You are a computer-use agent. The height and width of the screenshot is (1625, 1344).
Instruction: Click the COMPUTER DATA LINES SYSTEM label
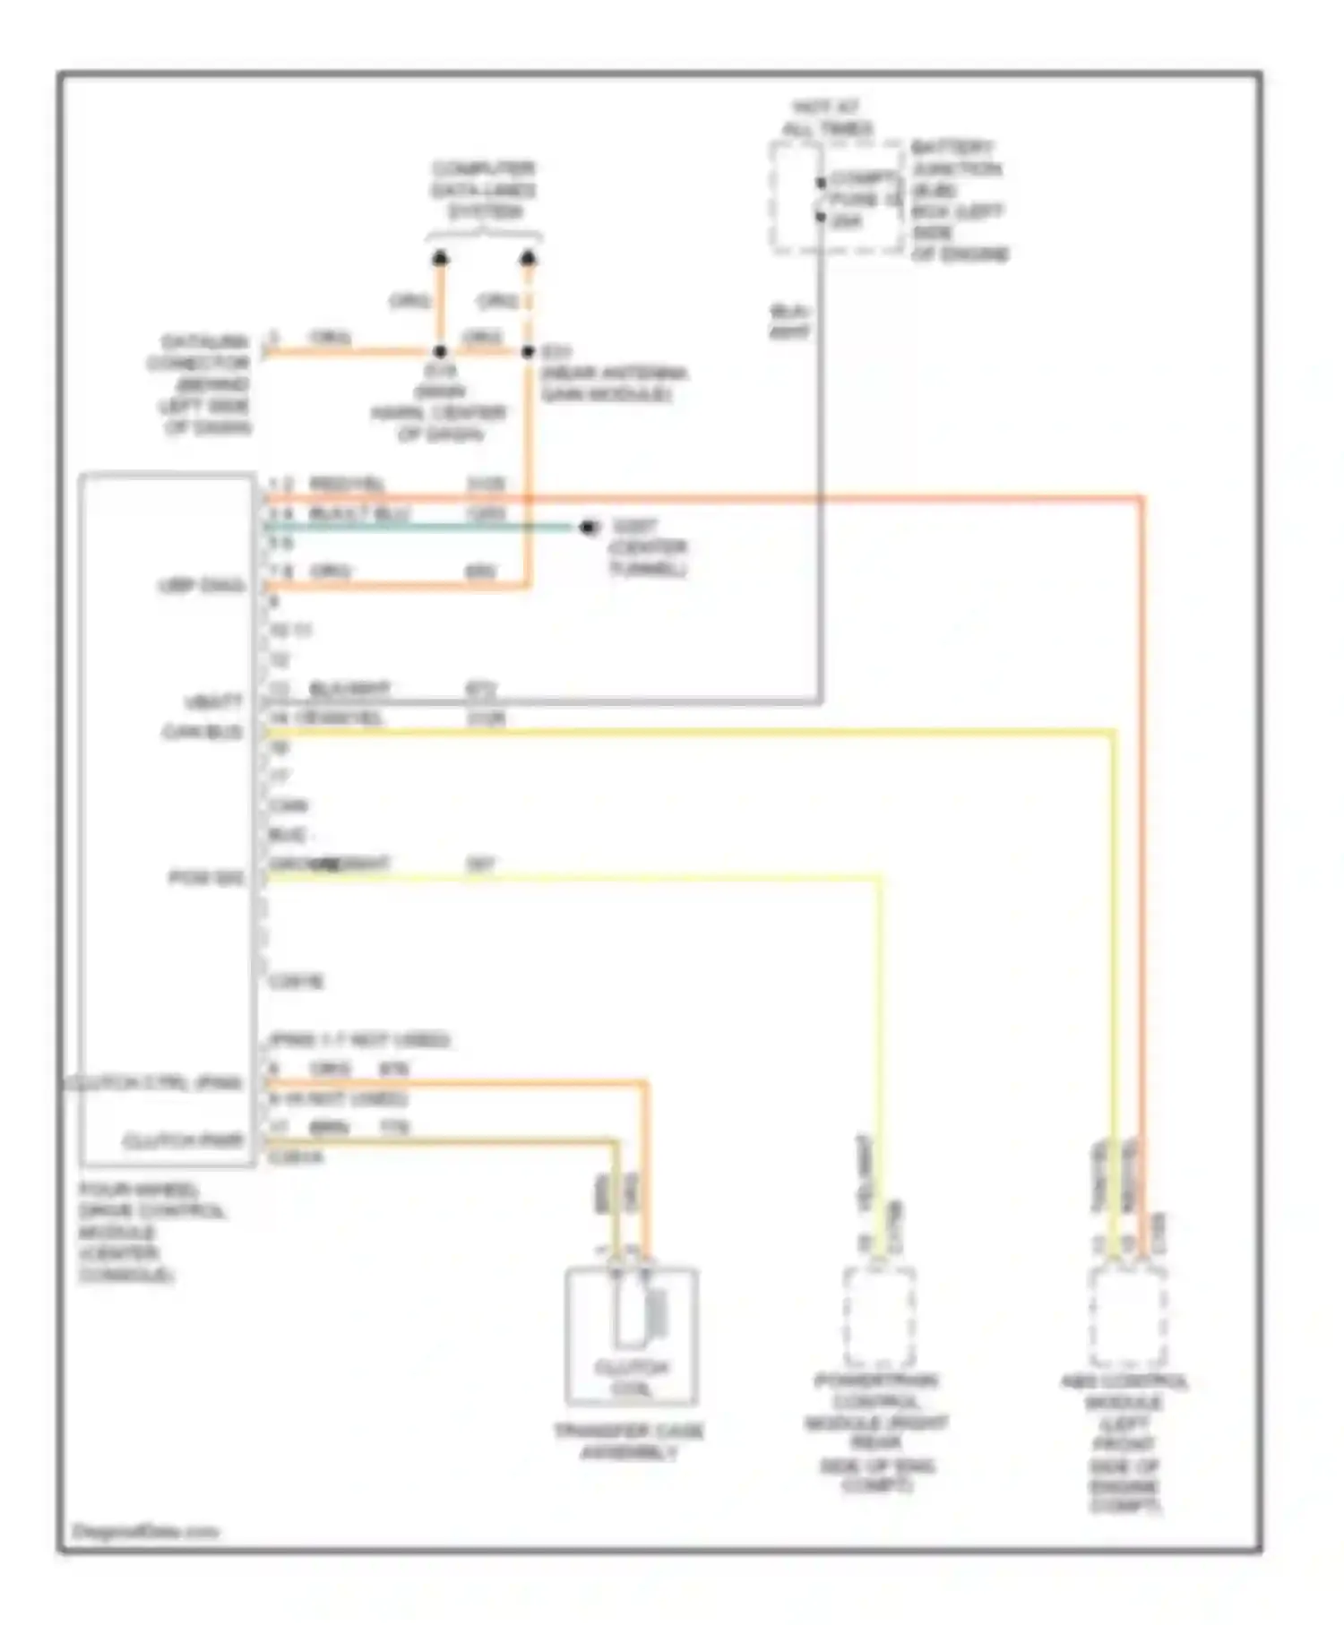tap(483, 190)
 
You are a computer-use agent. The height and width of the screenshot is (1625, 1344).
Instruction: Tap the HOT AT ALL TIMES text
tap(826, 118)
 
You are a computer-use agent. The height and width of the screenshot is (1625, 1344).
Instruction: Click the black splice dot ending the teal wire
tap(588, 527)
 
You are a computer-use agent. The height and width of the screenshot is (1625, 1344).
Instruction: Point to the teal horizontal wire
tap(421, 527)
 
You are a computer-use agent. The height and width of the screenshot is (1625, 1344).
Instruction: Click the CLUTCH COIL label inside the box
tap(632, 1378)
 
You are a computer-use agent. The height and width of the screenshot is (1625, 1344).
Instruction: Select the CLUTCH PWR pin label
tap(183, 1141)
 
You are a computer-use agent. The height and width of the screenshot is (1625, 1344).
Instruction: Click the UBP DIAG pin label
tap(201, 586)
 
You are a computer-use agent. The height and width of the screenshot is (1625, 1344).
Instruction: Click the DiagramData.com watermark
tap(145, 1531)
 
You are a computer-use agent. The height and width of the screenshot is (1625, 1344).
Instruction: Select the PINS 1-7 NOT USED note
tap(359, 1040)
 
